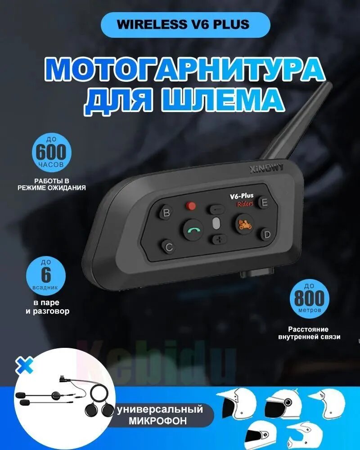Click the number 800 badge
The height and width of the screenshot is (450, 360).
309,298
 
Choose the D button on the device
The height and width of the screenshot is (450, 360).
265,234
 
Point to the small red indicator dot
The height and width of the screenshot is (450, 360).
191,206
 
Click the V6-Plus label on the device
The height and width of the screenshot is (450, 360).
242,196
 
